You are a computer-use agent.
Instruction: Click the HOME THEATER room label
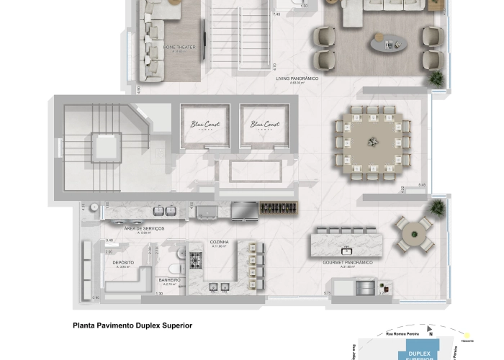point(179,48)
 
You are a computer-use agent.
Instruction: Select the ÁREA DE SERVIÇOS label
point(144,229)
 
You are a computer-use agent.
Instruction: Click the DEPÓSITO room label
point(123,264)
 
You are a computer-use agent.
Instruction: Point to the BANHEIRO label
point(169,280)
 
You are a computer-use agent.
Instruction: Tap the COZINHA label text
point(220,243)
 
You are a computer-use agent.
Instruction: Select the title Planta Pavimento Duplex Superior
point(132,325)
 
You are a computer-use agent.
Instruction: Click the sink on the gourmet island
point(346,250)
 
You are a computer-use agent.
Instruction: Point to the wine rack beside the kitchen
point(279,210)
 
